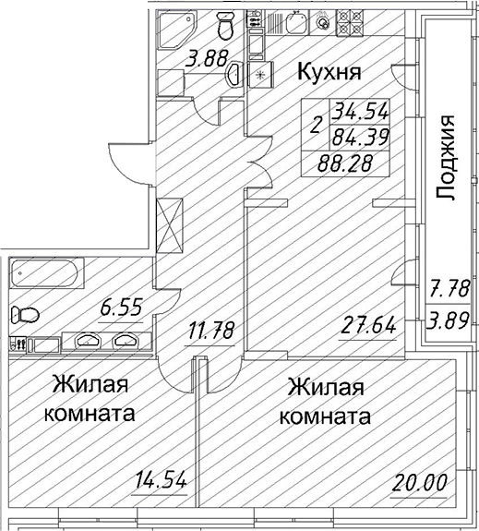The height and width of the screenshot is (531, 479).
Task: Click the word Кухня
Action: (328, 71)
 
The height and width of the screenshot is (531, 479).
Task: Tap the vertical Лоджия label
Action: (447, 157)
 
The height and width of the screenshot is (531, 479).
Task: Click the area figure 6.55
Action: (122, 308)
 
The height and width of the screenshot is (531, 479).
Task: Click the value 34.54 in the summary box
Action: (362, 113)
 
